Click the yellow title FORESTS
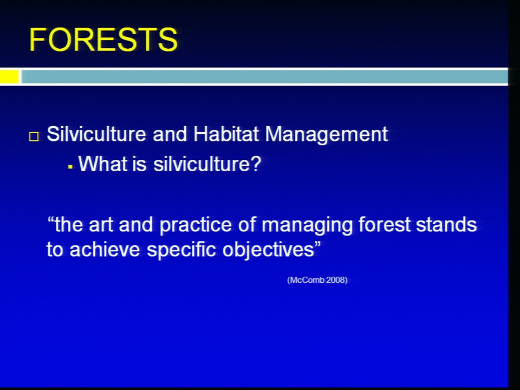[103, 40]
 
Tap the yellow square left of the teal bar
[9, 76]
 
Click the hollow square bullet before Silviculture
[34, 136]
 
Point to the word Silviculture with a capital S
[96, 134]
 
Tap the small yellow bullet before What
[70, 167]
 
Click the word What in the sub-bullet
[103, 164]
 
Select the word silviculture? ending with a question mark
[207, 164]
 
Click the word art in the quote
[101, 225]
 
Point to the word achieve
[105, 249]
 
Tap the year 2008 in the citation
[335, 280]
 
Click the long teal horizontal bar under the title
[264, 76]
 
